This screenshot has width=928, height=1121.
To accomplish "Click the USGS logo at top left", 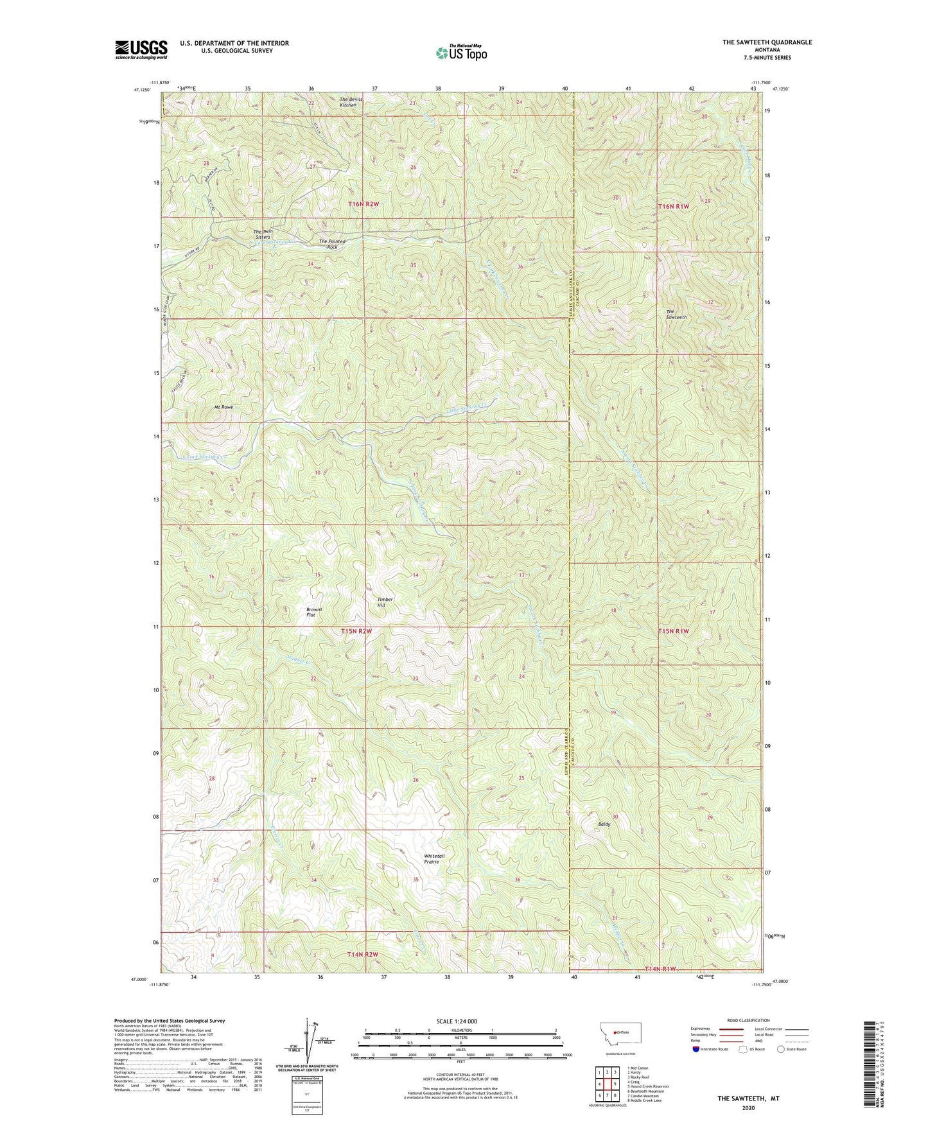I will [141, 49].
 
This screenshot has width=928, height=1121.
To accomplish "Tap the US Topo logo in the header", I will [461, 53].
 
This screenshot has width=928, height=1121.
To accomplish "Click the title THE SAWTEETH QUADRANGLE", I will [767, 42].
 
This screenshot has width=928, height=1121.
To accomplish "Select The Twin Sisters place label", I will [263, 234].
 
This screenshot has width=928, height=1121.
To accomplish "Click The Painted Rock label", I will [332, 245].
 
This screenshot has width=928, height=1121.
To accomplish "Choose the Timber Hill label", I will [385, 602].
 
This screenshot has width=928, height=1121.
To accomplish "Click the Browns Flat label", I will [313, 612].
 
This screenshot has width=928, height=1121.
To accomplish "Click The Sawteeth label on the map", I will [676, 314].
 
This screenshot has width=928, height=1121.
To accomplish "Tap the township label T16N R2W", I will [363, 204].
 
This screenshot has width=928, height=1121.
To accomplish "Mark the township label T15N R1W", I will [673, 631].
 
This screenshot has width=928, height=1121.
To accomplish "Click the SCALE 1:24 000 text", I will [457, 1021].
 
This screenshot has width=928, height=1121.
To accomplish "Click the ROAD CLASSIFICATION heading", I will [748, 1020].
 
